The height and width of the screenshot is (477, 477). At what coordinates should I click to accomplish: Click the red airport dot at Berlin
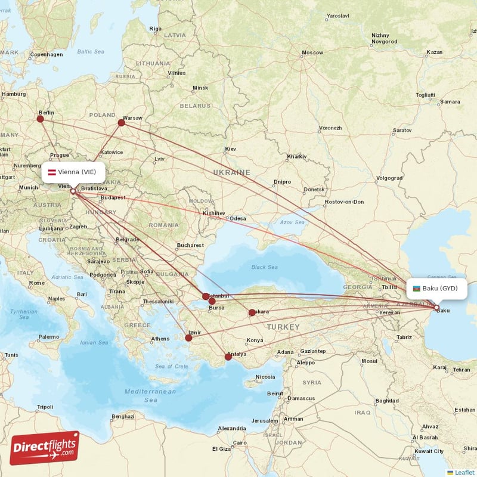click(40, 119)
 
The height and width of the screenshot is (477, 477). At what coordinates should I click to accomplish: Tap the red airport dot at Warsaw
click(121, 123)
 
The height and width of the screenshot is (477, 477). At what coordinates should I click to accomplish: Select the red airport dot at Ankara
click(252, 312)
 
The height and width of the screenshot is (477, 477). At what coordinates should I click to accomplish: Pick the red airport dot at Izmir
click(189, 338)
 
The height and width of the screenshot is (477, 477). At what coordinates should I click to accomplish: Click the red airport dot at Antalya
click(228, 357)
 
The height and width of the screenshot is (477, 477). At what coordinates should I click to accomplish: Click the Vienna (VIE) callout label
click(73, 172)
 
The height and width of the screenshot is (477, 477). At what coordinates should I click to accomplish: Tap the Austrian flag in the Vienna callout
click(52, 172)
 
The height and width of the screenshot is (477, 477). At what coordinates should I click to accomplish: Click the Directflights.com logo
click(45, 448)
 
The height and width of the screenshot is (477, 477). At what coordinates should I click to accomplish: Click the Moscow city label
click(312, 53)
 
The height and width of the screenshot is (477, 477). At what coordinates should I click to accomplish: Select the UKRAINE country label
click(232, 172)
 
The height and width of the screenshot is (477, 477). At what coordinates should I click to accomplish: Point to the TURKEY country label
click(283, 327)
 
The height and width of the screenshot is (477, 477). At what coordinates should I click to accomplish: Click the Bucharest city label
click(190, 245)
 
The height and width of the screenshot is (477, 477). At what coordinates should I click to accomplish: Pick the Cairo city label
click(240, 442)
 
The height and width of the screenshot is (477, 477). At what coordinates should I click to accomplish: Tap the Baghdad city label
click(387, 400)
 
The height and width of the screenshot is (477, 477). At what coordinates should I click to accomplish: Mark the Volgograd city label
click(389, 178)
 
